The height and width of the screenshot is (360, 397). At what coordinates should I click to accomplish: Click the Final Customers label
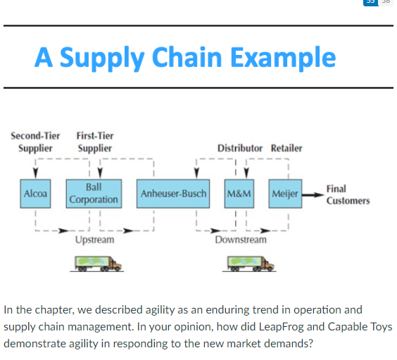click(347, 195)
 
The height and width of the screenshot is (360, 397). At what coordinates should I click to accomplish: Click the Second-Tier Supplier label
click(35, 142)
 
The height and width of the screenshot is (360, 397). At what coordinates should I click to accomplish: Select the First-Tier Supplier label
click(94, 142)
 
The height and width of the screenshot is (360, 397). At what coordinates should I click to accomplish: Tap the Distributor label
click(239, 148)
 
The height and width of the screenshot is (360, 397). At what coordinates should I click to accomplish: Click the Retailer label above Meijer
click(286, 148)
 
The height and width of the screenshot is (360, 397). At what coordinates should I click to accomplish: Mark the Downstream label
click(241, 240)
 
